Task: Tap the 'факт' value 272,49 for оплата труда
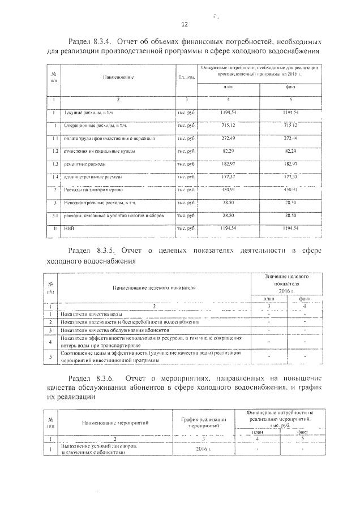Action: coord(290,138)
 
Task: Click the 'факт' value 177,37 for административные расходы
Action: coord(290,177)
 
